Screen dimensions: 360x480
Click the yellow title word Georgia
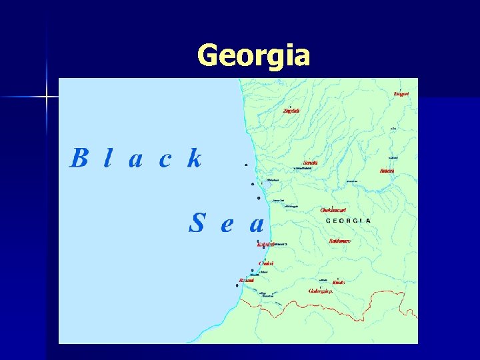point(254,55)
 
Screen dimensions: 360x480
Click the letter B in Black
point(79,159)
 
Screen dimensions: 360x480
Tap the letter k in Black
point(194,159)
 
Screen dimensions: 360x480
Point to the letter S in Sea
point(196,223)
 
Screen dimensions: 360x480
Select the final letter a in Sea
point(257,225)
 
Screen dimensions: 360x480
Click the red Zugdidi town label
point(291,110)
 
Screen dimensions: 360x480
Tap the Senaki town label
point(310,162)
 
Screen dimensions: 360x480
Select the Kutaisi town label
point(387,171)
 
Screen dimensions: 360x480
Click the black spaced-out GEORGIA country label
point(347,221)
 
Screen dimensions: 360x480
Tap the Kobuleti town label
point(265,245)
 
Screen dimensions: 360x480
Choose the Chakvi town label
point(265,263)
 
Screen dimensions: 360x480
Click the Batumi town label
point(246,280)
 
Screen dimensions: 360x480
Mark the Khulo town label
point(339,282)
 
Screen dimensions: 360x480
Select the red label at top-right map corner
point(401,94)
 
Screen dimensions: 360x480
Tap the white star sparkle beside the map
point(47,97)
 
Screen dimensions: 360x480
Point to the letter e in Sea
point(227,225)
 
